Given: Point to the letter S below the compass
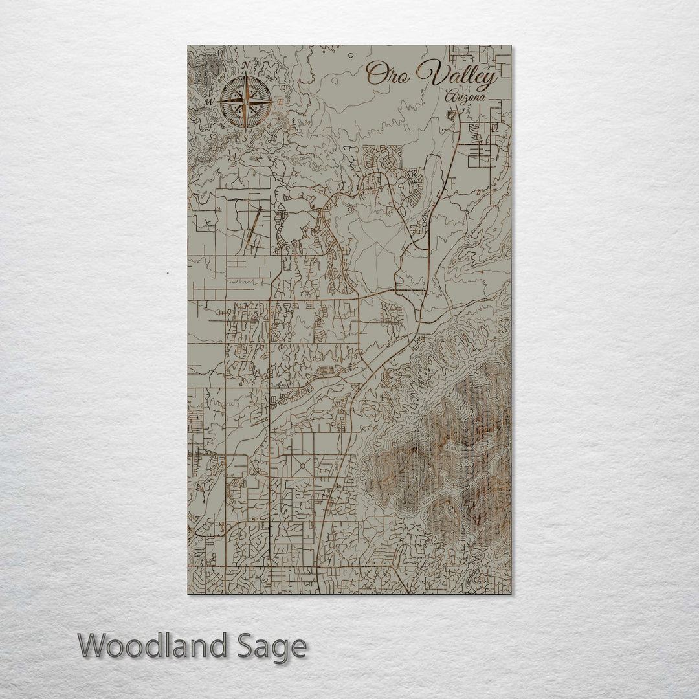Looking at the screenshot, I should coord(246,137).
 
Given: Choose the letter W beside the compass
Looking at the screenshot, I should coord(209,102).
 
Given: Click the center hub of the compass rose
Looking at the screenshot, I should coord(245,102).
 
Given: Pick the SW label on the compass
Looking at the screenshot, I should coord(221,126).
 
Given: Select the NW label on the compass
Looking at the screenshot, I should coord(221,78).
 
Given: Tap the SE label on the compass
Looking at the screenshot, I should coord(269,126).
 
